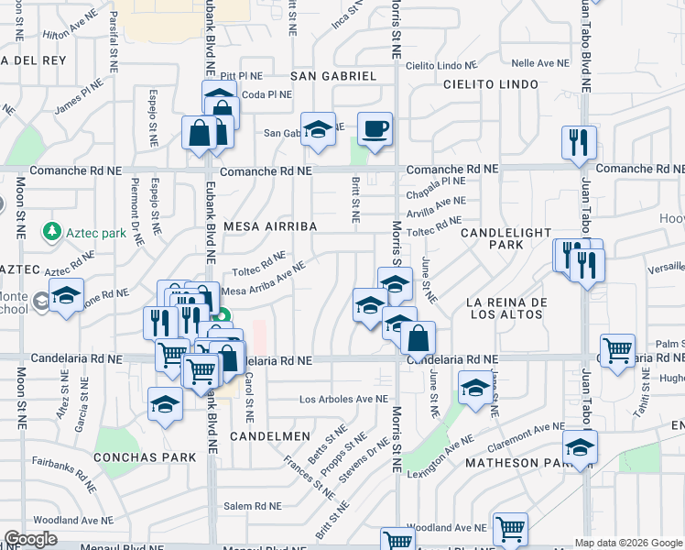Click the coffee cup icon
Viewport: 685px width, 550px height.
pyautogui.click(x=374, y=128)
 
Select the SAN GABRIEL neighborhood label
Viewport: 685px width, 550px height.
pyautogui.click(x=334, y=75)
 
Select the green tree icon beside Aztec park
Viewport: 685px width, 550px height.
pyautogui.click(x=54, y=233)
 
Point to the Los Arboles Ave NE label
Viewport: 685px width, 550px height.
pyautogui.click(x=344, y=400)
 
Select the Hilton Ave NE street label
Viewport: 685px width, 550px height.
pyautogui.click(x=69, y=32)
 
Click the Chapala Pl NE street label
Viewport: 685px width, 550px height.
pyautogui.click(x=436, y=182)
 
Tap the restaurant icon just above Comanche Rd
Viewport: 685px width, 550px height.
pyautogui.click(x=579, y=142)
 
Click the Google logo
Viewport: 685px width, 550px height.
pyautogui.click(x=30, y=539)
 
